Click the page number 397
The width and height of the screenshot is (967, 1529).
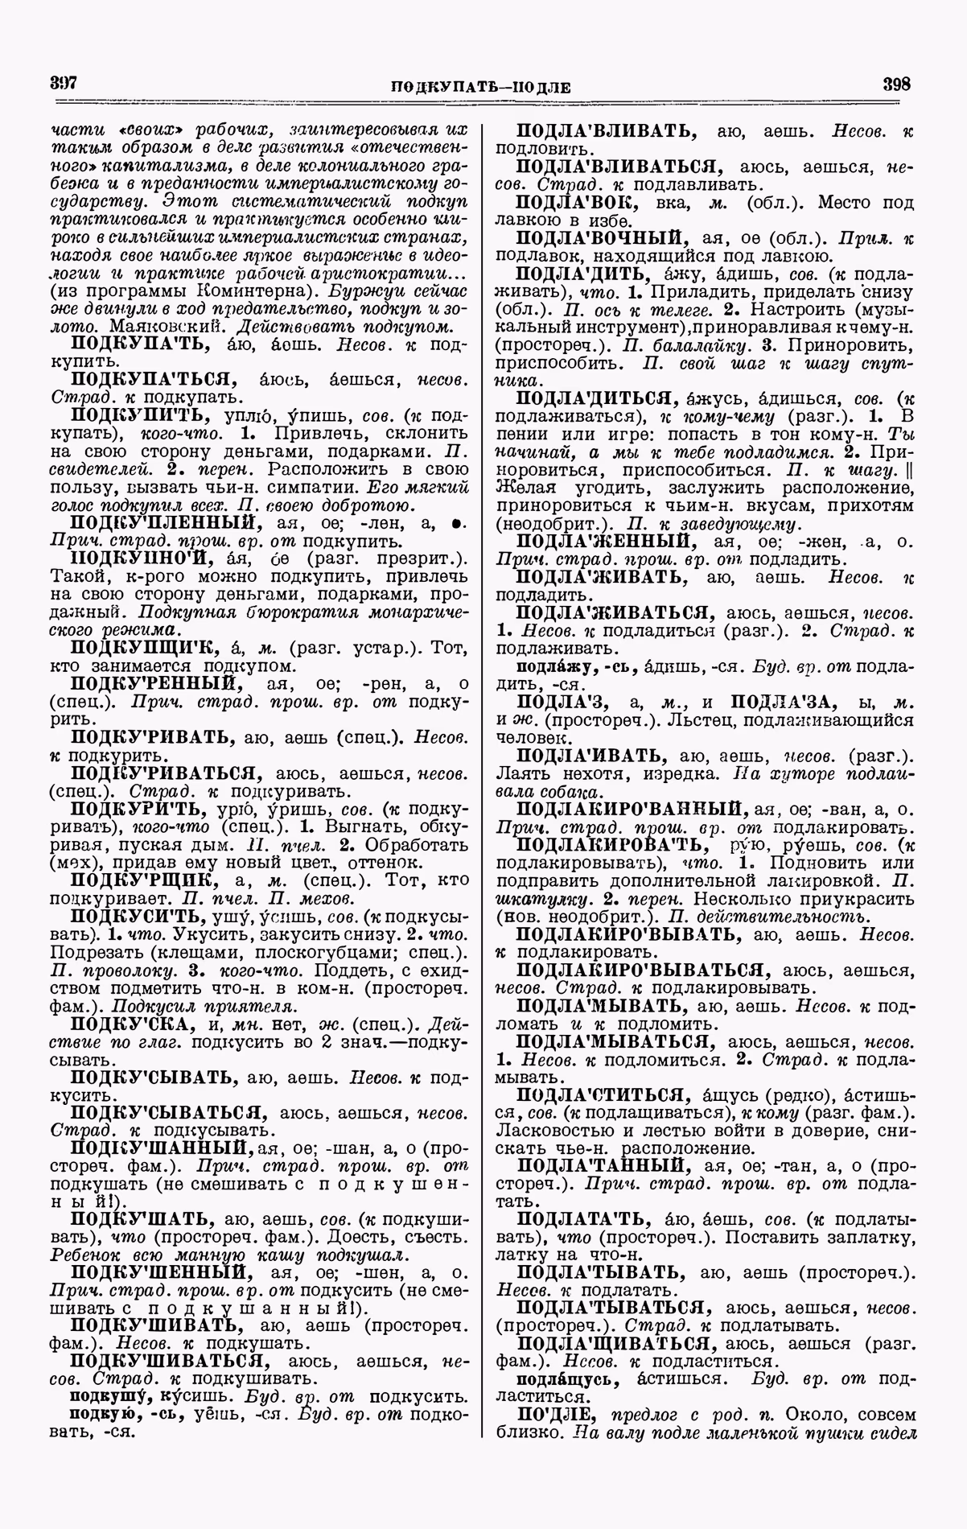[62, 82]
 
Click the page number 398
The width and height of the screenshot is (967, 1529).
[896, 84]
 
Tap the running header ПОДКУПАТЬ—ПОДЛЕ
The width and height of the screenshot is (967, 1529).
[480, 87]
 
